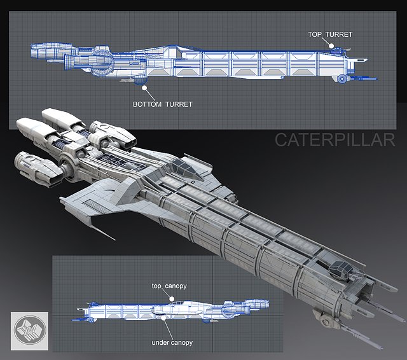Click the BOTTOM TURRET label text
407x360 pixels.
coord(162,103)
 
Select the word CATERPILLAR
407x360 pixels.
coord(335,140)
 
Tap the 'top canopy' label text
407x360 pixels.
coord(169,287)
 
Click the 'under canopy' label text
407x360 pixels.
coord(172,343)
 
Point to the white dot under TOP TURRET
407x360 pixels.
coord(331,45)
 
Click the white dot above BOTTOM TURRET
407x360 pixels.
coord(144,88)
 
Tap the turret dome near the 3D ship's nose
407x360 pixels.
coord(341,270)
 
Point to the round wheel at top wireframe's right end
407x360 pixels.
coord(342,78)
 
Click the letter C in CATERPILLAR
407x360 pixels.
coord(280,140)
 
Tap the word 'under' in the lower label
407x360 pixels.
coord(160,343)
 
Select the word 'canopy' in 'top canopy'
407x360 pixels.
coord(175,287)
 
